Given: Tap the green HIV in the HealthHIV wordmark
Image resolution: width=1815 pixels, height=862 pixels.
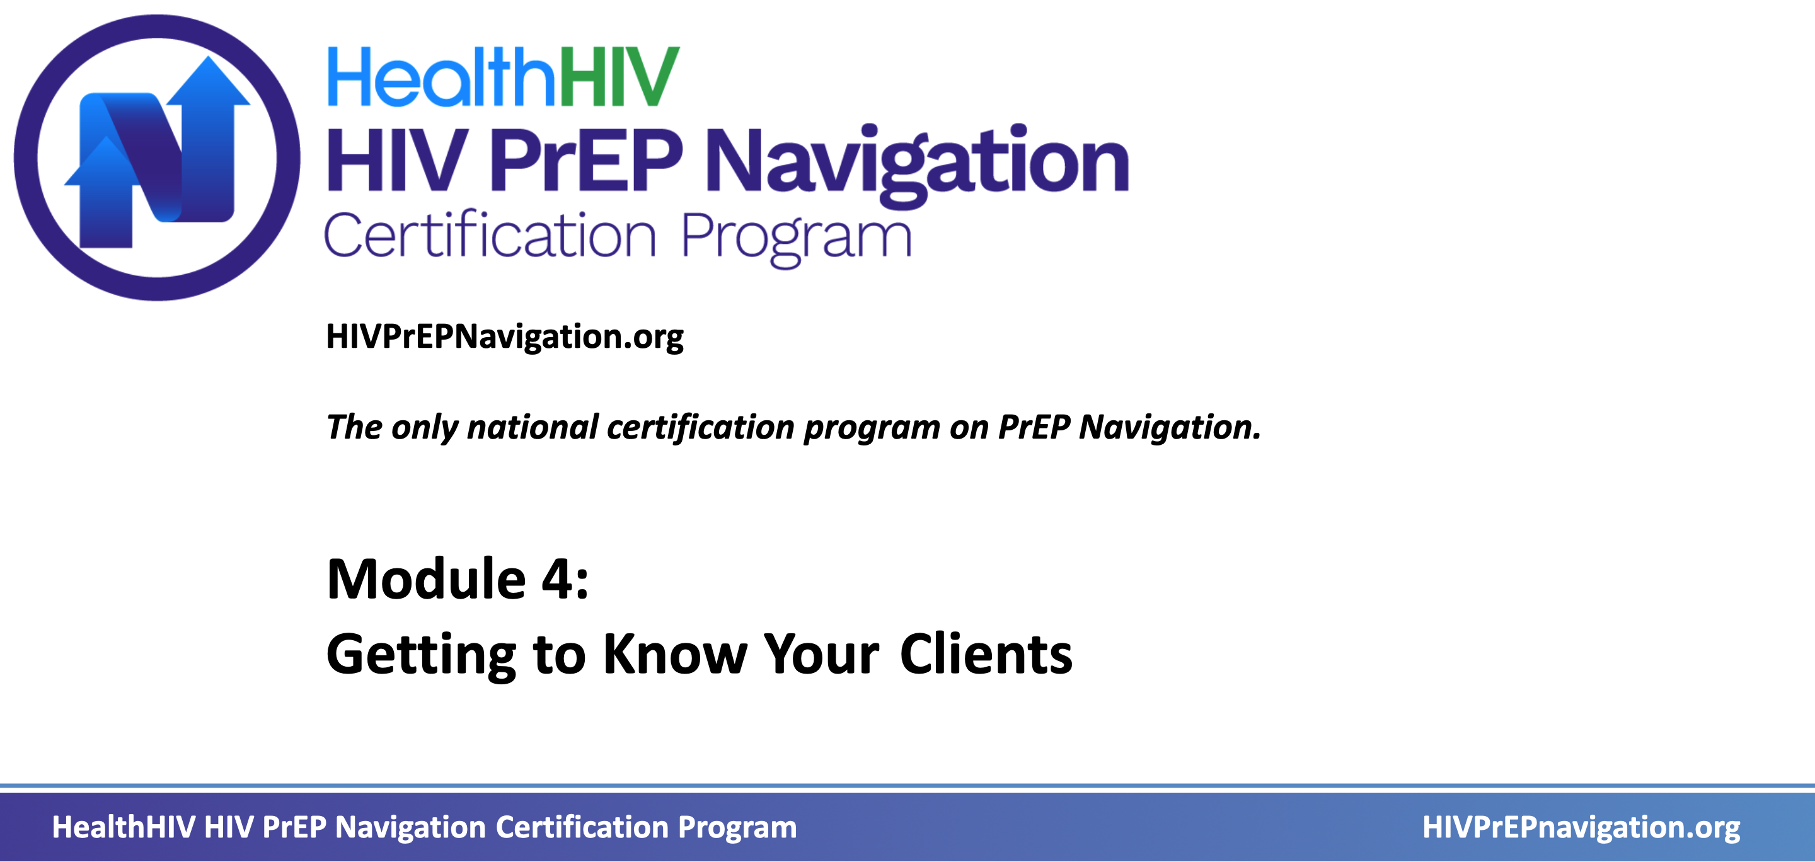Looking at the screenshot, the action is click(x=620, y=77).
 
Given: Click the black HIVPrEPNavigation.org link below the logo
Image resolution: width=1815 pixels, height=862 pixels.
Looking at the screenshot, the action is click(x=504, y=337).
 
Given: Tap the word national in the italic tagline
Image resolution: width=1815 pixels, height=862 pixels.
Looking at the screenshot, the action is click(x=533, y=427).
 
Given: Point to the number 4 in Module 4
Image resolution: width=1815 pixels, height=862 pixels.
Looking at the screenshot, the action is click(x=556, y=579).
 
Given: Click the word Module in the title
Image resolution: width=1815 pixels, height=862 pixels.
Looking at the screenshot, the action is click(x=426, y=579).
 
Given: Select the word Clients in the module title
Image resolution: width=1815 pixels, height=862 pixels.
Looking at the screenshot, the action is click(x=986, y=654).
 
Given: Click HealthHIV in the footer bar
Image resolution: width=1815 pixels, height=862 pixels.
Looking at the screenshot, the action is click(x=124, y=827).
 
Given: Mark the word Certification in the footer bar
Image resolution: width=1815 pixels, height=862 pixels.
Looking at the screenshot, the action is click(x=582, y=827).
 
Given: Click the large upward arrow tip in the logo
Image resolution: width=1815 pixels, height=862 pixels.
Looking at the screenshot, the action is click(x=208, y=58).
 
